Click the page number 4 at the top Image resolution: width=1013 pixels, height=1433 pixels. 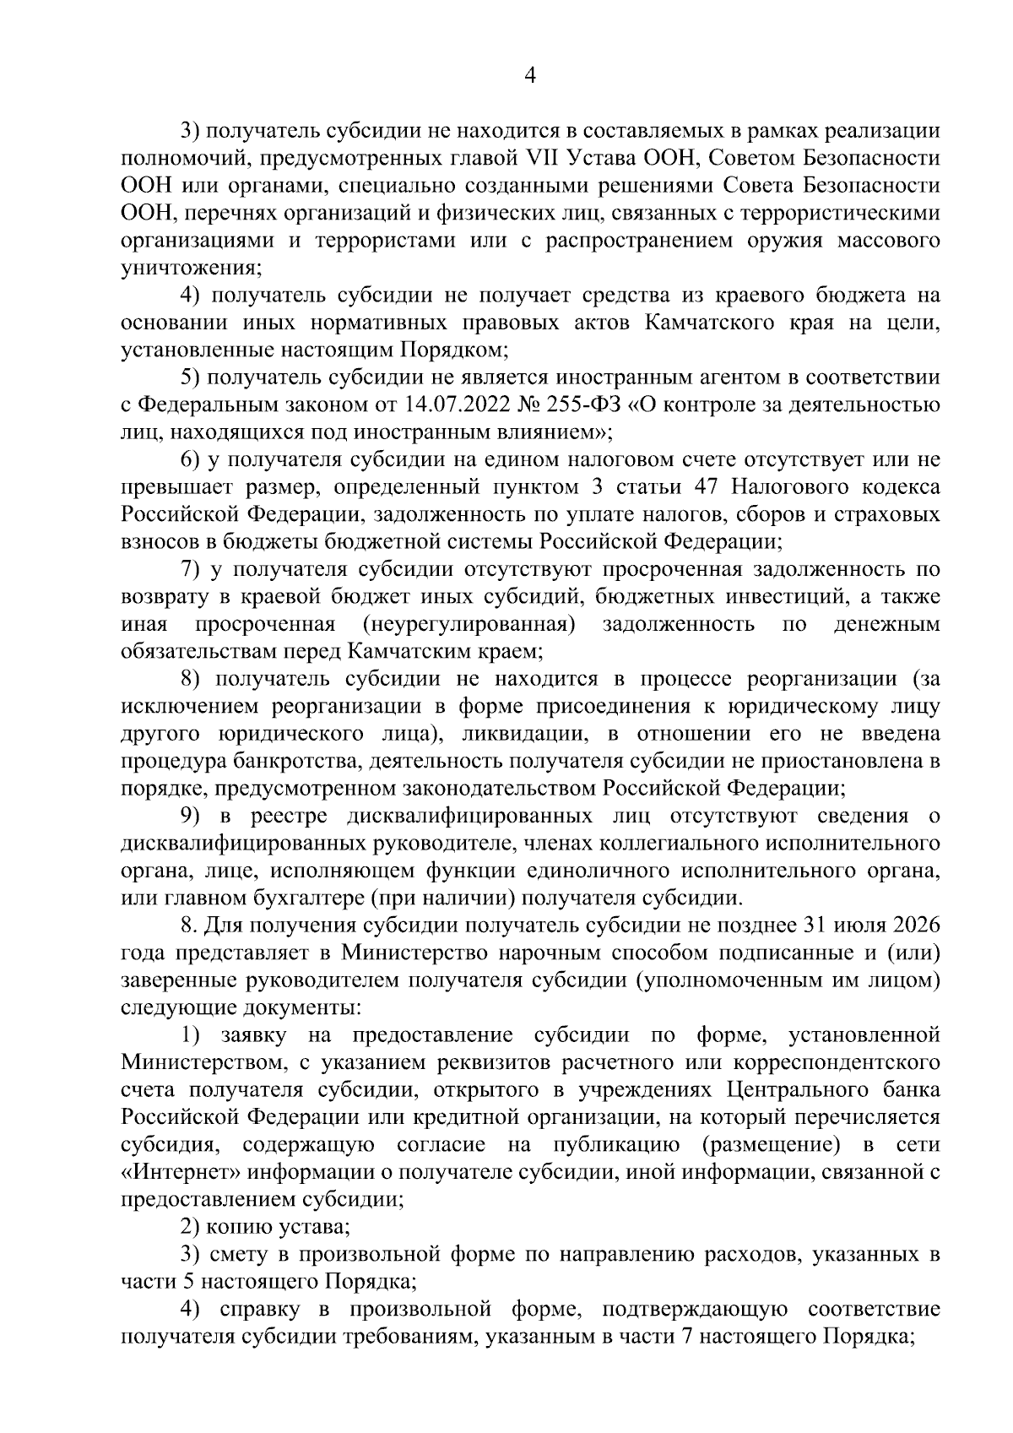(530, 76)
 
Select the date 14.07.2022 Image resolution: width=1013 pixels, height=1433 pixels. (454, 405)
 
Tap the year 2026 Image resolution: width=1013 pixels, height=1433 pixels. (912, 925)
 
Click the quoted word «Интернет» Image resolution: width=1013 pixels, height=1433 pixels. (176, 1170)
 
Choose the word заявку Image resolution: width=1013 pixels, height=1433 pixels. (253, 1034)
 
